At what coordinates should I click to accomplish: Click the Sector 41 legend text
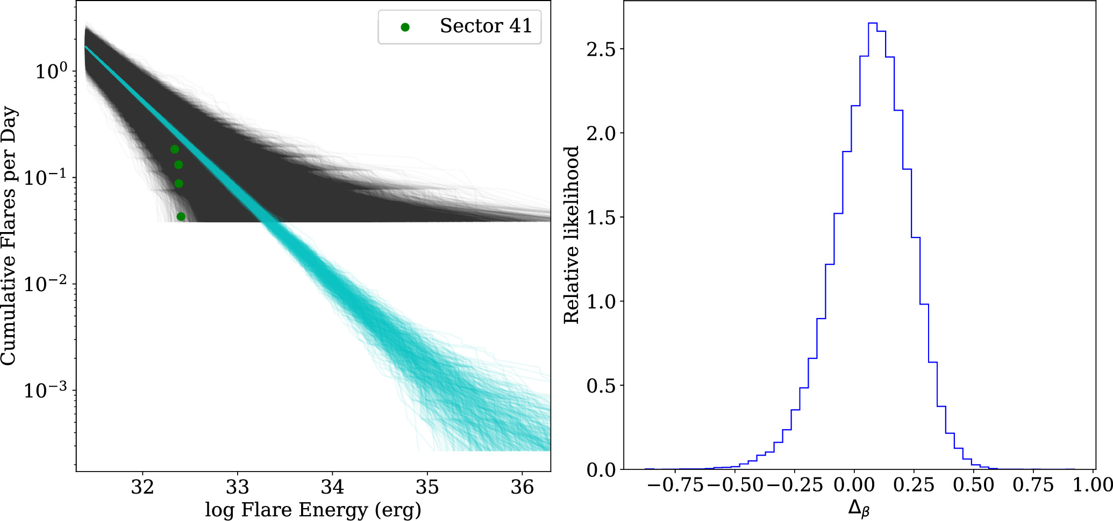486,26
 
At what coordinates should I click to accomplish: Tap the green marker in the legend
405,27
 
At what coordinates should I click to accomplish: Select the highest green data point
175,149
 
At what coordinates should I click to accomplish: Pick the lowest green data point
181,216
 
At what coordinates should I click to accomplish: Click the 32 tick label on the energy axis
142,487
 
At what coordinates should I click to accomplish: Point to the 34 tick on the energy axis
332,487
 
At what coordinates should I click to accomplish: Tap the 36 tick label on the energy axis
522,487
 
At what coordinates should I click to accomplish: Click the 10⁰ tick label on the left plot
52,71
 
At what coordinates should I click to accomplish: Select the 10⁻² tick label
47,283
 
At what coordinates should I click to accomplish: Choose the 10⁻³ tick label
47,389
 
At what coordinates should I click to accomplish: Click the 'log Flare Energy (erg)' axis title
313,510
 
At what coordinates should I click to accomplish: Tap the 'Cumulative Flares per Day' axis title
9,236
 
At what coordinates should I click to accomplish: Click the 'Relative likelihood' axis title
571,235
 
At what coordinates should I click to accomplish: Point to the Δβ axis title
859,508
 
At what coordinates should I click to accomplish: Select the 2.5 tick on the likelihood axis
601,49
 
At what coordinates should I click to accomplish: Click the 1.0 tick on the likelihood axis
601,302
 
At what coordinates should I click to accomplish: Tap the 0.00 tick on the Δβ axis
854,485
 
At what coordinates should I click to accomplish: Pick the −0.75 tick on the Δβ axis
675,485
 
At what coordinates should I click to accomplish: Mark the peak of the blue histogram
873,23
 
